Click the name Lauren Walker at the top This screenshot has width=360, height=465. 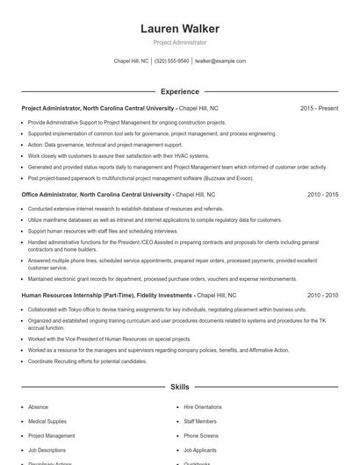pos(180,29)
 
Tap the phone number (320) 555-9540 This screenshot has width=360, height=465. pos(171,61)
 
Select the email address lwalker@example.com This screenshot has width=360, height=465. pos(220,61)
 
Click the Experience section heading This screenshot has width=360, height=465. pos(180,91)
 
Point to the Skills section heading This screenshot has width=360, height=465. pos(180,386)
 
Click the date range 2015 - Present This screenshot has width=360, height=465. pos(319,108)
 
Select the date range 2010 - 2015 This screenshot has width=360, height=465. pos(322,194)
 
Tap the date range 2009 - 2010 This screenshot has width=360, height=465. pos(322,296)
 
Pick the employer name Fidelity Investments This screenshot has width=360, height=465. pos(162,296)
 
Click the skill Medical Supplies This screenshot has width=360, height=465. pos(48,421)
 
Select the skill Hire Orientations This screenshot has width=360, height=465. pos(203,407)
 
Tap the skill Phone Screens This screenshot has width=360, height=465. pos(201,435)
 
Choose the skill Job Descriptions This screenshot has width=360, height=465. pos(47,449)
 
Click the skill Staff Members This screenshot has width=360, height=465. pos(200,421)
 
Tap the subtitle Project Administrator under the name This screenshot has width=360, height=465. pos(180,42)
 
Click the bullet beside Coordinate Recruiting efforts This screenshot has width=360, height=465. pos(22,361)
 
